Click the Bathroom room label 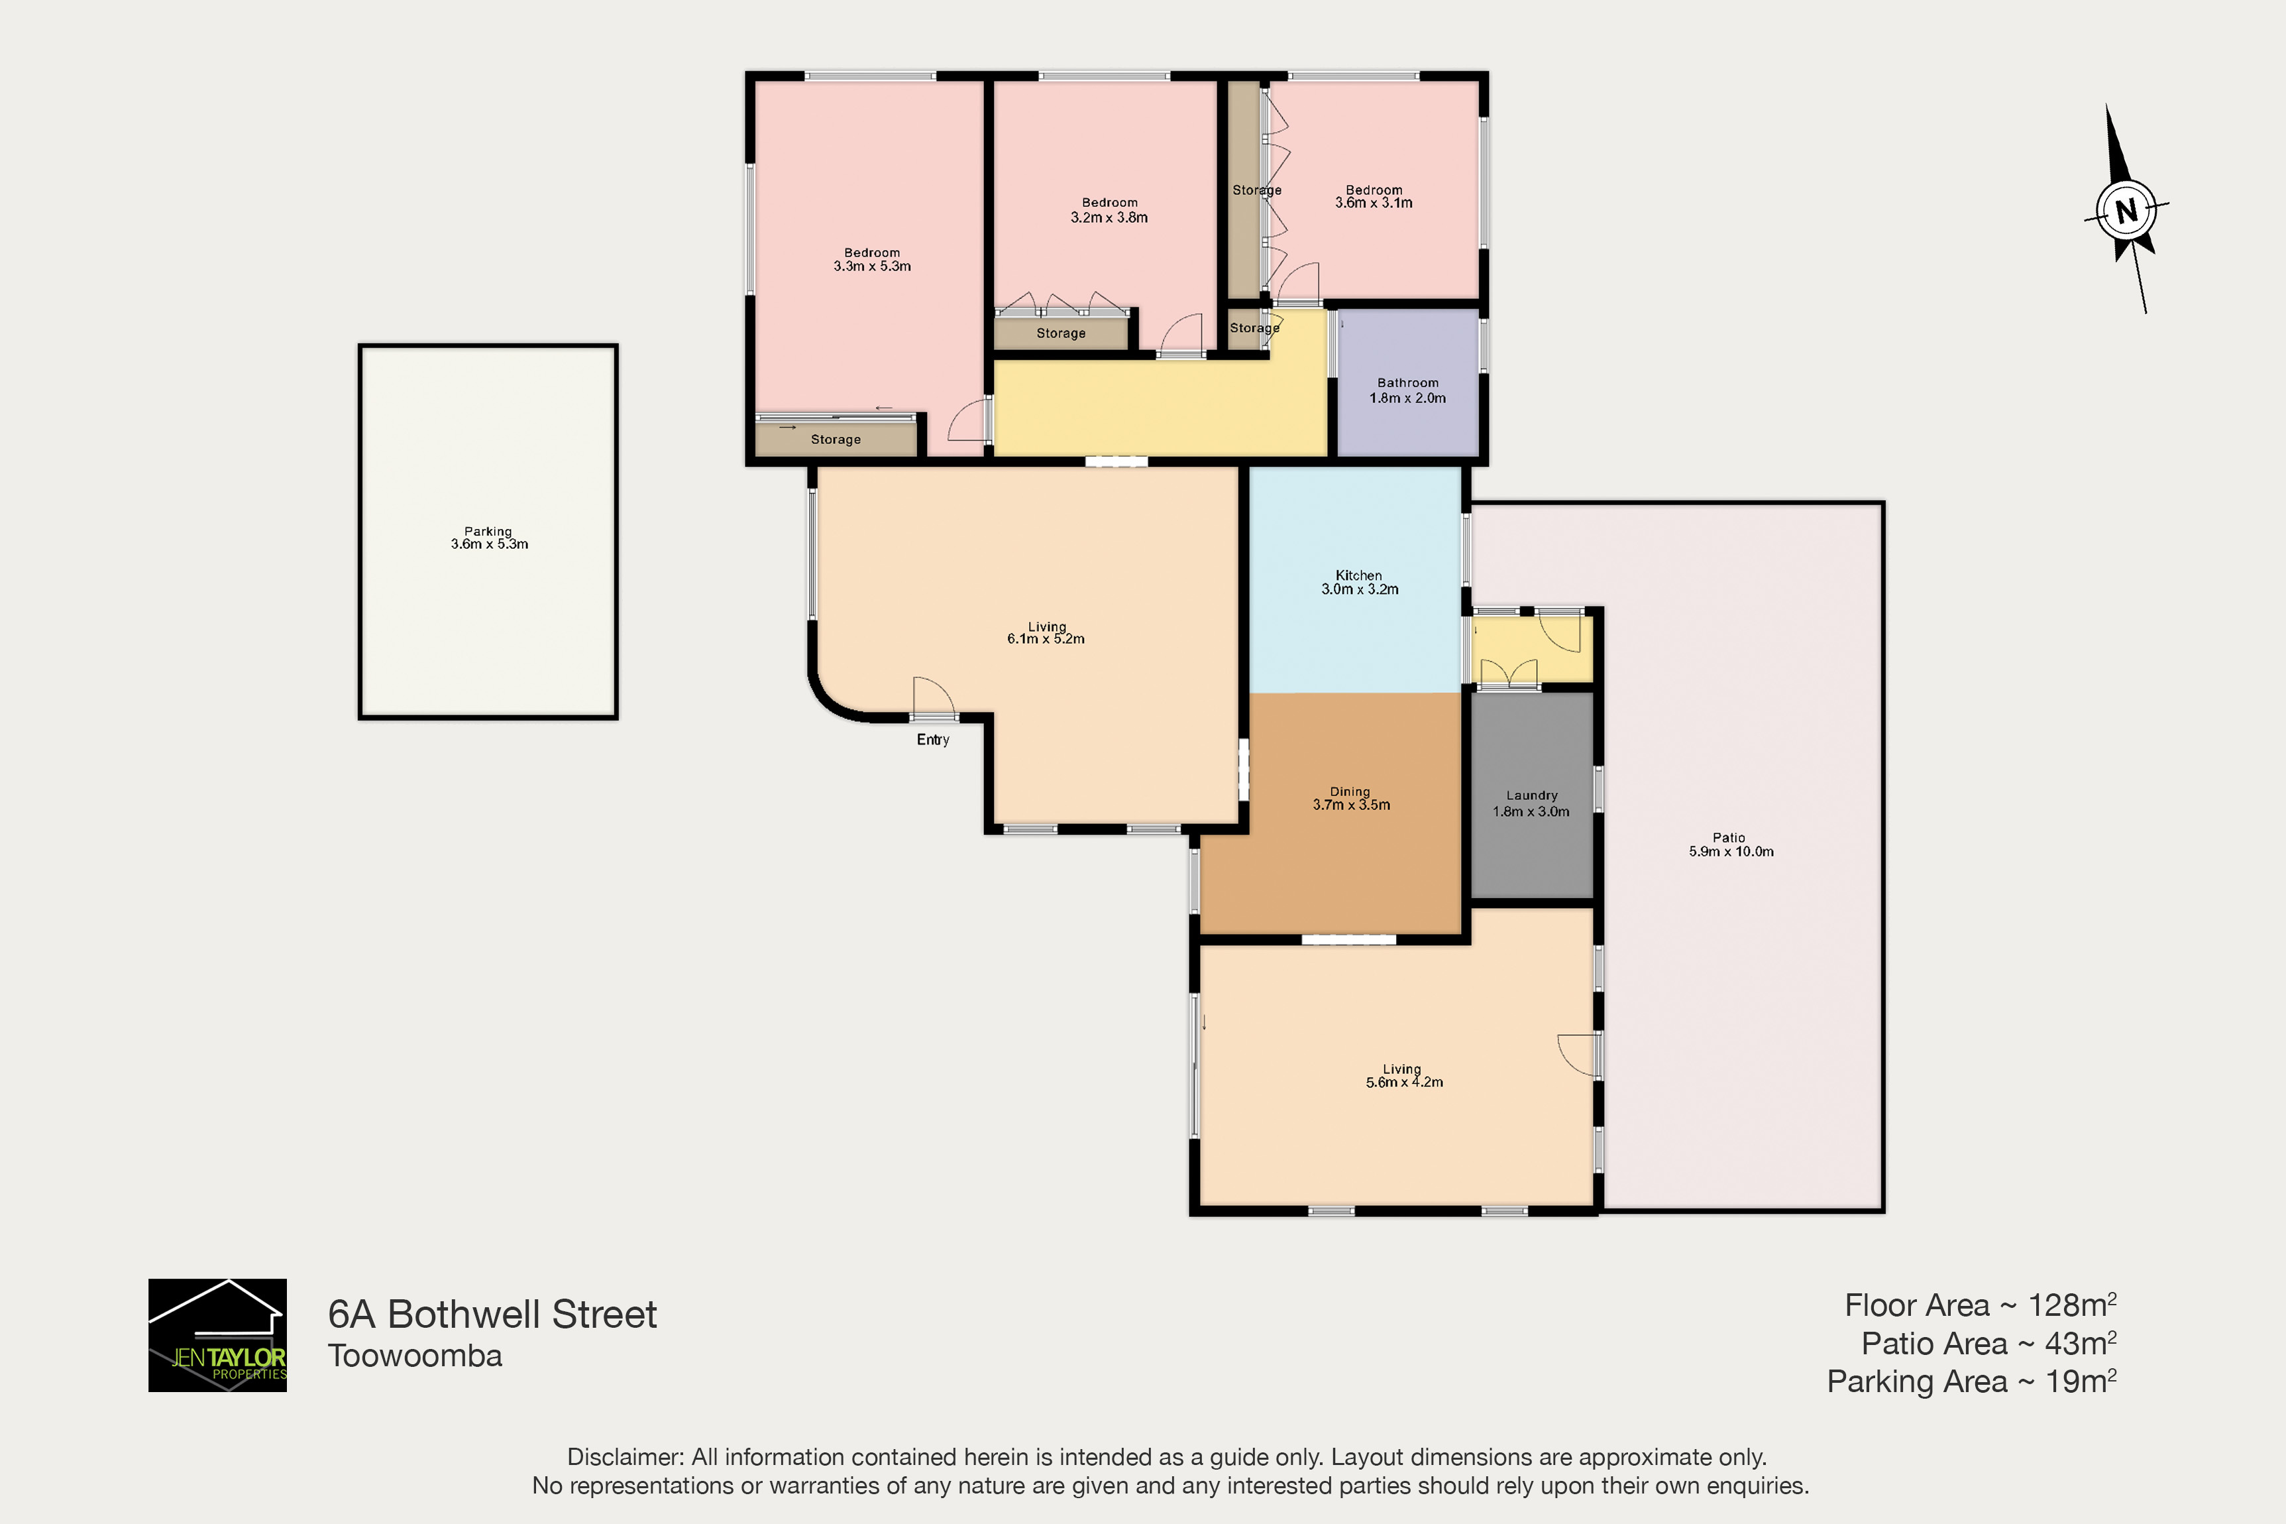coord(1408,390)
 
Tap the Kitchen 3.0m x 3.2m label coord(1359,582)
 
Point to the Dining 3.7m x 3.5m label coord(1350,798)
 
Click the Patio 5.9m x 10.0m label coord(1730,845)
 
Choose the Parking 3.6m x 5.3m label coord(489,538)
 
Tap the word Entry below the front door coord(933,740)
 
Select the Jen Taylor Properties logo coord(217,1334)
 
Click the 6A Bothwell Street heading coord(492,1314)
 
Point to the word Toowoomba coord(415,1356)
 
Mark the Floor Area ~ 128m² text coord(1980,1305)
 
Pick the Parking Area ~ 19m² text coord(1971,1381)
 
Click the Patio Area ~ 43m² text coord(1988,1343)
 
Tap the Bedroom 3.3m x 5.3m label coord(873,259)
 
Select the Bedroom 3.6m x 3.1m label coord(1374,196)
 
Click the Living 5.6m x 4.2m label coord(1404,1075)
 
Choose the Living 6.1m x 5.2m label coord(1046,632)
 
